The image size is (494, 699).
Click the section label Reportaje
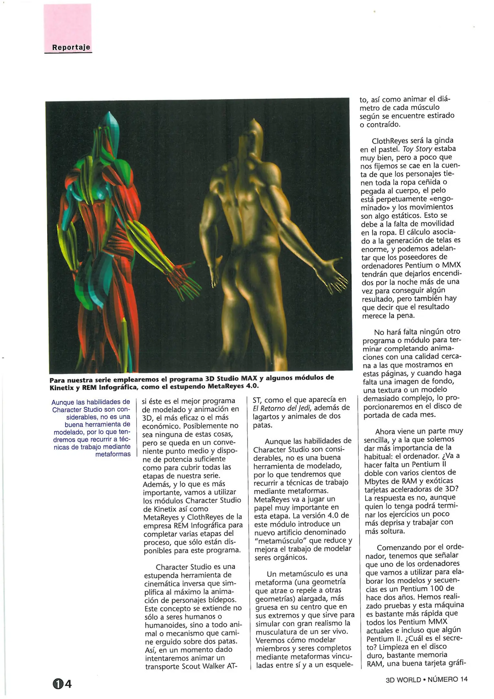71,47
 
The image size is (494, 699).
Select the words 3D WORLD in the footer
403,680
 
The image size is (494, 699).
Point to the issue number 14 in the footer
464,679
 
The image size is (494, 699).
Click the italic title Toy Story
417,149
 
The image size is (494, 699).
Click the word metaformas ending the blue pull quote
113,454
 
